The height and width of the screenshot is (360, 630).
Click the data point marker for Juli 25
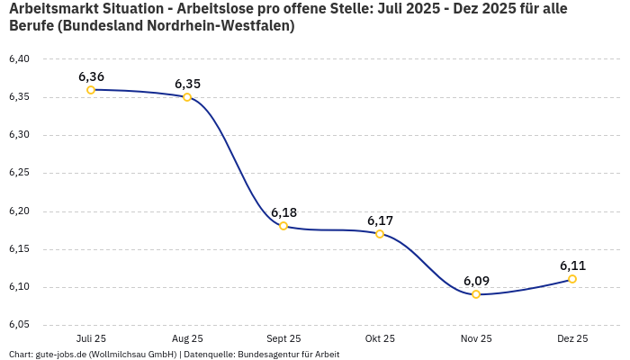click(x=91, y=90)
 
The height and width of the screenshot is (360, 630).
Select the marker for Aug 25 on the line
click(x=187, y=97)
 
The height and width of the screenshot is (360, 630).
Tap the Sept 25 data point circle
click(x=283, y=226)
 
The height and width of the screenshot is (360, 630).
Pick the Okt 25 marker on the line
click(x=380, y=234)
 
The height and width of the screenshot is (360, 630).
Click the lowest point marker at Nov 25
click(x=476, y=294)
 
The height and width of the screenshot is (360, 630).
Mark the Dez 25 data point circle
click(x=572, y=279)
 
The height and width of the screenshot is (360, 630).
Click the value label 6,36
click(x=91, y=76)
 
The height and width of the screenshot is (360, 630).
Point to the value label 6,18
click(x=283, y=212)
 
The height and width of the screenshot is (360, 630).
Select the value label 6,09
click(x=476, y=281)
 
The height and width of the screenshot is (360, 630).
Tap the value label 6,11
click(x=572, y=265)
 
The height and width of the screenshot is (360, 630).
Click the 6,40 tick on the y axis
click(x=19, y=59)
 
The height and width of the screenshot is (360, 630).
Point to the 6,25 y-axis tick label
click(x=19, y=173)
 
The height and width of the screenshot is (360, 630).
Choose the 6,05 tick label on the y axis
click(x=19, y=325)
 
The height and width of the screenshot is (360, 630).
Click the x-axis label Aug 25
click(x=187, y=339)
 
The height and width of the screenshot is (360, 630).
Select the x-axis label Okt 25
click(x=380, y=339)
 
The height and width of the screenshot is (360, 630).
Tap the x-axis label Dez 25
click(x=572, y=339)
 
